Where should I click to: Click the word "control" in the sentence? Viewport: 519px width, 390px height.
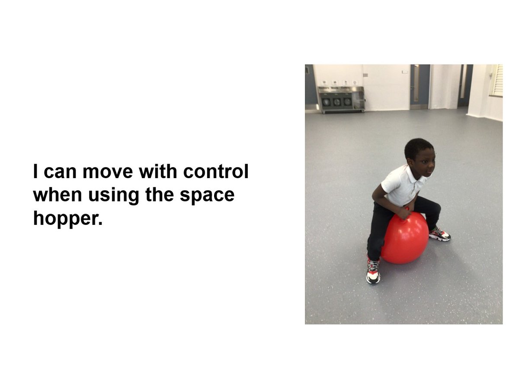tap(215, 171)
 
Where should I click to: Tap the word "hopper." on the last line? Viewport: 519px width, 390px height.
tap(68, 218)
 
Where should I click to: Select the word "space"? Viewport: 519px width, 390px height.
tap(207, 195)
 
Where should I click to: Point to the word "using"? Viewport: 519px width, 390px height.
tap(113, 195)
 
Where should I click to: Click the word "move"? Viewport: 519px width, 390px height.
tap(108, 172)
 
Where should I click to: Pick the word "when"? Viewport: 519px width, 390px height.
tap(58, 195)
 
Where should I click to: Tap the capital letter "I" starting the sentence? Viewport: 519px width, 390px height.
tap(35, 171)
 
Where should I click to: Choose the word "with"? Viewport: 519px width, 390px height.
tap(158, 171)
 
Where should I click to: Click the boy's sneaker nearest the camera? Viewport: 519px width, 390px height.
tap(373, 271)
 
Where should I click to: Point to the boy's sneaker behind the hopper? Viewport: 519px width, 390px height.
tap(439, 234)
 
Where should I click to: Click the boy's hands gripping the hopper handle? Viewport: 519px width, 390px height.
tap(404, 213)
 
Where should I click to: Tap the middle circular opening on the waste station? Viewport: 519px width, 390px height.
tap(336, 102)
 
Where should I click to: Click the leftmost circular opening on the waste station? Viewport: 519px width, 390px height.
tap(326, 102)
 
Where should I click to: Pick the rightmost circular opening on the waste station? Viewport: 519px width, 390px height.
tap(347, 102)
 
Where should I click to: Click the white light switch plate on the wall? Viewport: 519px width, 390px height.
tap(405, 72)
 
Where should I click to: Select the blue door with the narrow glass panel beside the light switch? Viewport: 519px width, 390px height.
tap(419, 87)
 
